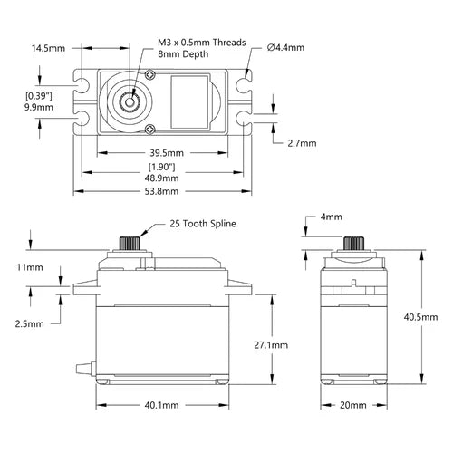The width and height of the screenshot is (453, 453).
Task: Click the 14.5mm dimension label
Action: click(x=48, y=48)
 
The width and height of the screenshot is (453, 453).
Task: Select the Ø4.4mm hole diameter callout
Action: click(x=285, y=47)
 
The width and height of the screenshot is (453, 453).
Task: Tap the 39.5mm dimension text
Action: click(x=167, y=153)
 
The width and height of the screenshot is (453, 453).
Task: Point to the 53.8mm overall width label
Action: click(x=161, y=191)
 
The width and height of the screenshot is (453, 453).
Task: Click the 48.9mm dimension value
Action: click(x=161, y=178)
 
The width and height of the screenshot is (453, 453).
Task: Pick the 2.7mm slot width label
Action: click(x=302, y=143)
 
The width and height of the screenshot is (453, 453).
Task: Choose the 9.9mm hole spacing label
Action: click(x=39, y=107)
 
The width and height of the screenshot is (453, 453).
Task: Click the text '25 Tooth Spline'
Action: click(x=203, y=224)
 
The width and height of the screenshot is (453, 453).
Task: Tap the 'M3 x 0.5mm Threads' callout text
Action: click(x=202, y=43)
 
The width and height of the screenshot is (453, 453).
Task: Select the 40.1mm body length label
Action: click(x=161, y=405)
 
